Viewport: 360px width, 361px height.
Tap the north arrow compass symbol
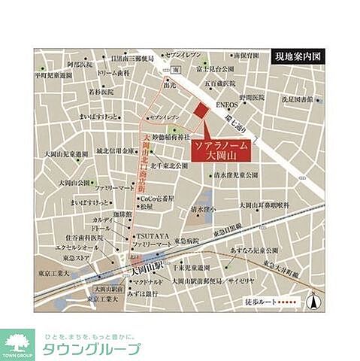point(316,301)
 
